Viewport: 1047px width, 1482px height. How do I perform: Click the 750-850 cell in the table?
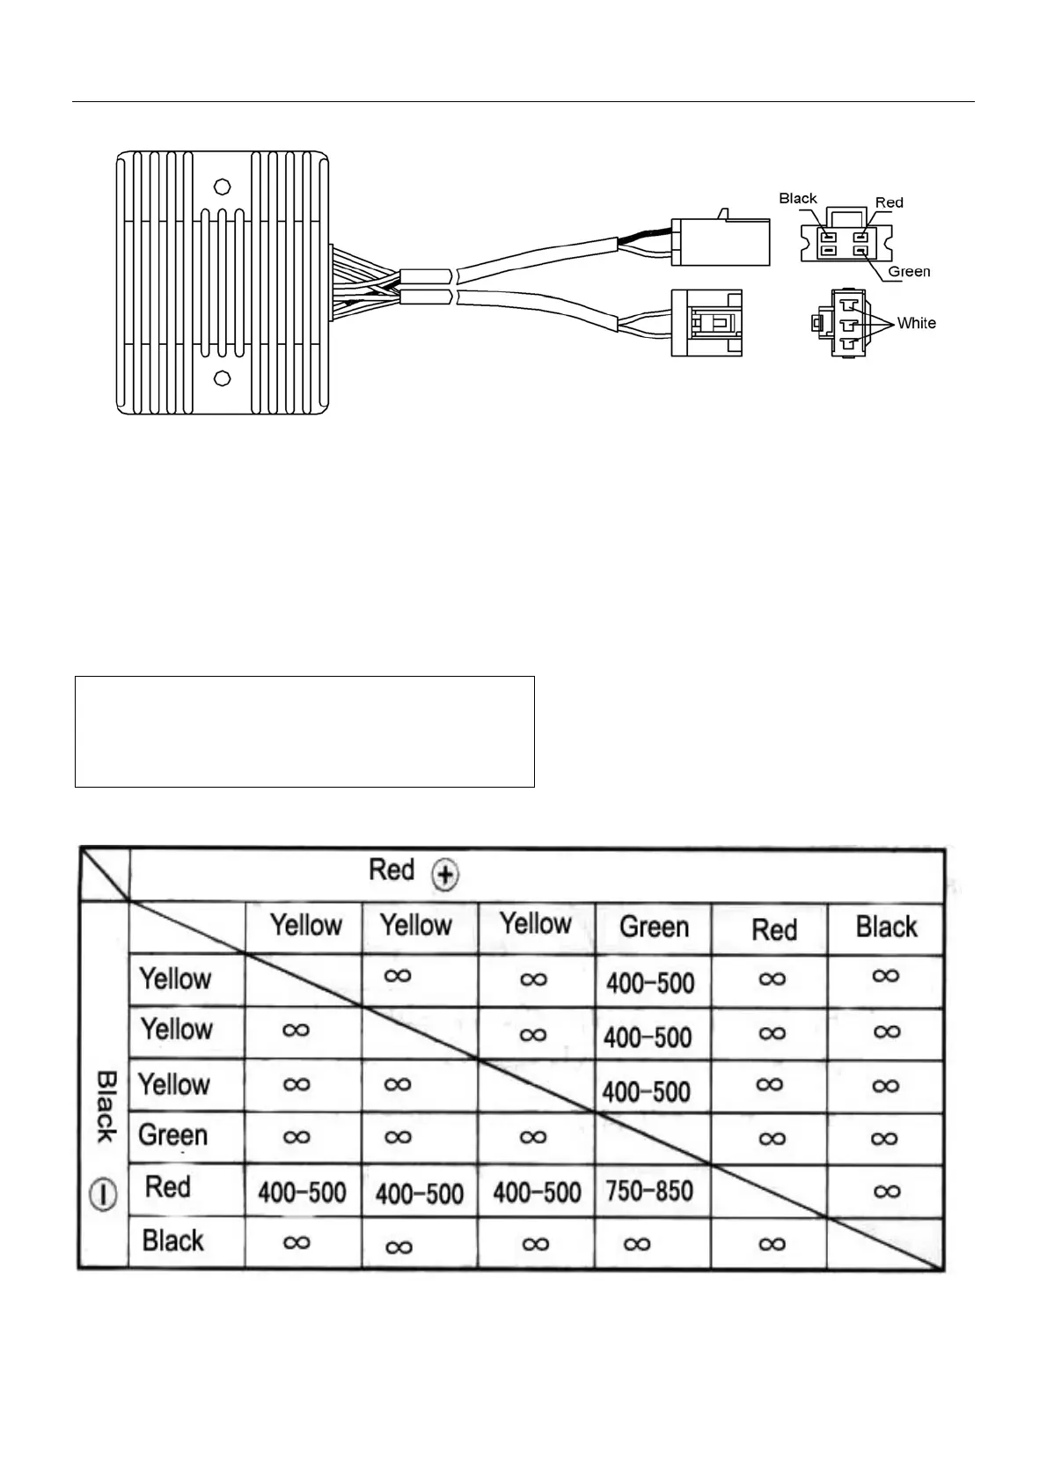[x=649, y=1191]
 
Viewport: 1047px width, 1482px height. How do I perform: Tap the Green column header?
[x=654, y=927]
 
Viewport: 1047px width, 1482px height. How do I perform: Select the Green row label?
[x=173, y=1135]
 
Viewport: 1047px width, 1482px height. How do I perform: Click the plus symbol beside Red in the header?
[x=447, y=875]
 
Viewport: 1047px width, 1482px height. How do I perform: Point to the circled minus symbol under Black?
[x=104, y=1195]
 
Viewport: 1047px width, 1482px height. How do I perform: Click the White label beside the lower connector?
[x=916, y=323]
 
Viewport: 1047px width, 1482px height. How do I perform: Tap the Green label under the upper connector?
[x=909, y=271]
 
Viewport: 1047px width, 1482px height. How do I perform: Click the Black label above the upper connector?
[x=798, y=199]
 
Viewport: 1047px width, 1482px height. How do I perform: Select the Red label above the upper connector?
[x=890, y=202]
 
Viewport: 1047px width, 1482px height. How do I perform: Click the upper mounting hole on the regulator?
[x=223, y=187]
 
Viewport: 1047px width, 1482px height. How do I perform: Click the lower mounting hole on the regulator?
[x=223, y=378]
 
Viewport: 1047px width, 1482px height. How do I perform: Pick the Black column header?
[x=886, y=927]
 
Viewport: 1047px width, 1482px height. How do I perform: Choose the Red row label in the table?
[x=167, y=1186]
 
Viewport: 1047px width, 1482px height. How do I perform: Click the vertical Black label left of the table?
[x=105, y=1106]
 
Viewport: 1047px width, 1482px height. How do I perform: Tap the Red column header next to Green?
[x=773, y=929]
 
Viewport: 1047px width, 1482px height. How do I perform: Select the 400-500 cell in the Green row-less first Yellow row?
[x=650, y=982]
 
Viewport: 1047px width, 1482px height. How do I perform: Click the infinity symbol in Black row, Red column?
[x=771, y=1244]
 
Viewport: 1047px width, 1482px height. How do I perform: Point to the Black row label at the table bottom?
[x=172, y=1241]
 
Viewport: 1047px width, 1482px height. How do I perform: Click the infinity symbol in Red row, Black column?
[x=887, y=1191]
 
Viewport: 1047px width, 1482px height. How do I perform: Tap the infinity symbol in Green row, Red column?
[x=771, y=1138]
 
